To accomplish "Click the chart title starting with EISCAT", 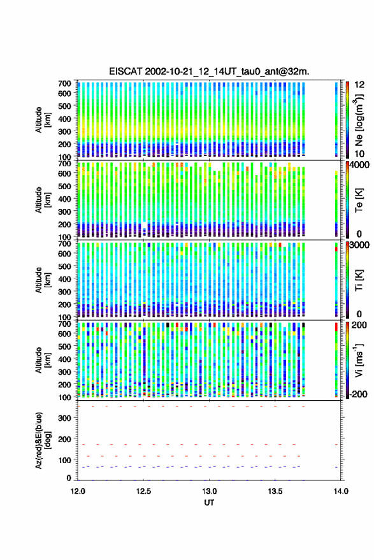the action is click(209, 71).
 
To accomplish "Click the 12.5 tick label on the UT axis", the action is click(143, 491).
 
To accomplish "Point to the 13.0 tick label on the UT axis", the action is click(210, 491).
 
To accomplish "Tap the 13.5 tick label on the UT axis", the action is click(275, 491).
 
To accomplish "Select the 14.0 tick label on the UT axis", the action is click(341, 491).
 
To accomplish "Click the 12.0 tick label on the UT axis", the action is click(78, 491).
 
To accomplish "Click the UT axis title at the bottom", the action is click(209, 503).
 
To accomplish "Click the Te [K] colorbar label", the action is click(359, 200).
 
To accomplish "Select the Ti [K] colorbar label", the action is click(359, 280).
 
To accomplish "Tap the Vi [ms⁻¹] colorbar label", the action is click(359, 360).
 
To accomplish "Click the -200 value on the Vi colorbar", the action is click(357, 394).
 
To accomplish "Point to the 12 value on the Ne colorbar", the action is click(359, 85).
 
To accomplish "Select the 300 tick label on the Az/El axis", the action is click(65, 418).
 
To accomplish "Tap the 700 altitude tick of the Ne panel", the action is click(64, 83).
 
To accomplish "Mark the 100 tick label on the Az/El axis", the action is click(65, 460).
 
